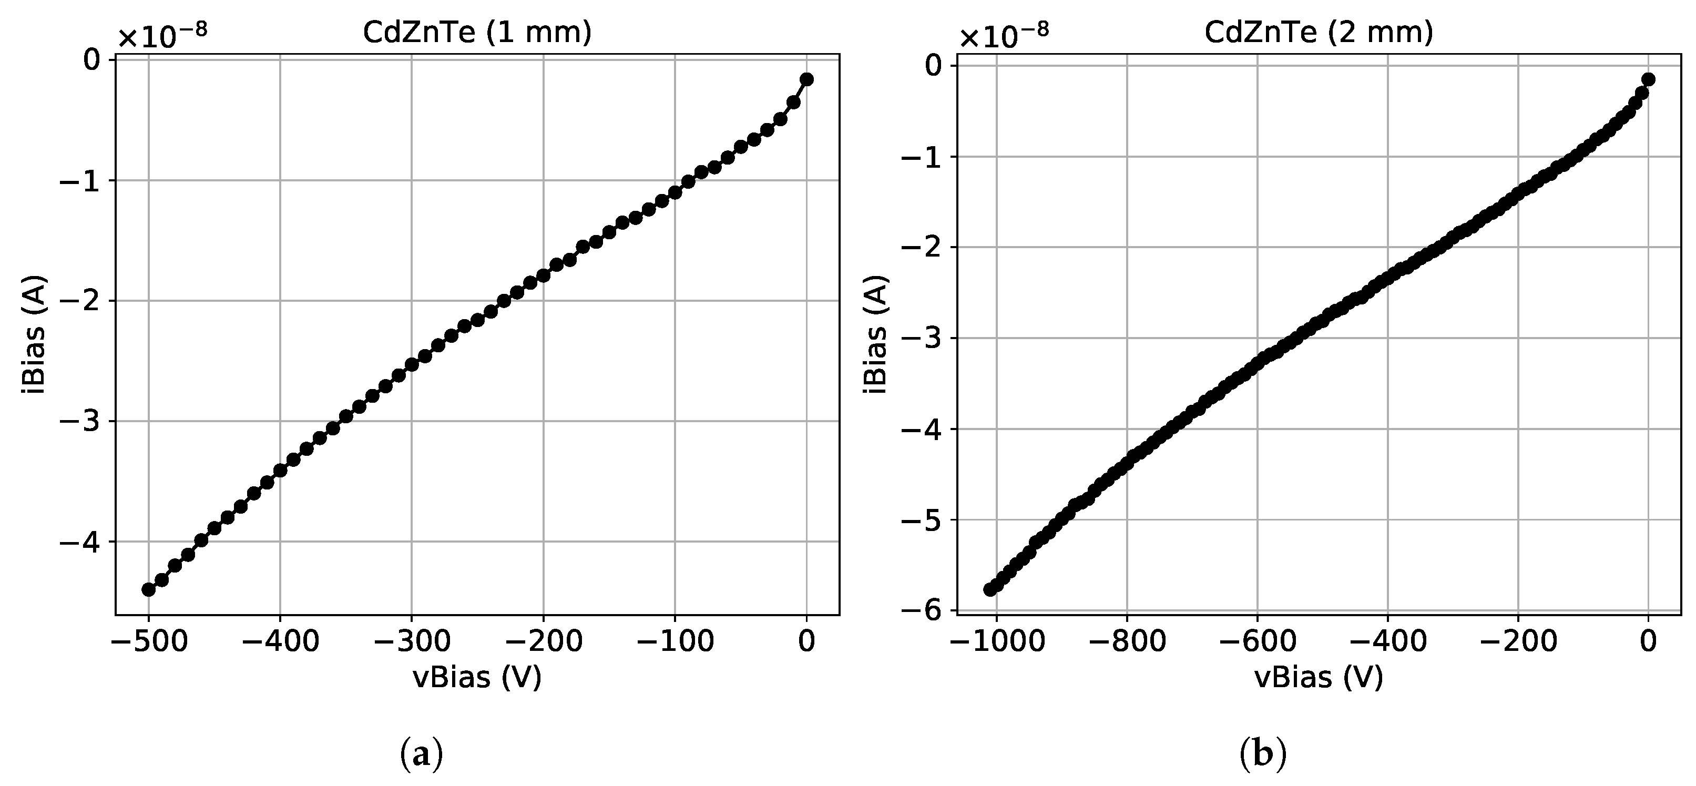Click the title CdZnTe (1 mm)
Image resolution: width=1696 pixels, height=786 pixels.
click(477, 32)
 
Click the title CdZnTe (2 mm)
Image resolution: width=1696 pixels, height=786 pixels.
click(1319, 32)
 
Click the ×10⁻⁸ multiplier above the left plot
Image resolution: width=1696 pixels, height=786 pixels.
click(162, 36)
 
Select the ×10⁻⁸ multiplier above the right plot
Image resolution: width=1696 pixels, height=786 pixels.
click(1004, 36)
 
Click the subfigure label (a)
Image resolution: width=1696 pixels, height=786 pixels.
click(421, 754)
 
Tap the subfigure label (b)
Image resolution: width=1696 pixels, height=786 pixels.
click(1263, 754)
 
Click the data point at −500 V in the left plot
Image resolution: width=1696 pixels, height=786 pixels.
click(149, 589)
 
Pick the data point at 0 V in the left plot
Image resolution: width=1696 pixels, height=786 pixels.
click(806, 80)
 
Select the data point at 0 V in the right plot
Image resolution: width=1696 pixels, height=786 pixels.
click(1648, 80)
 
